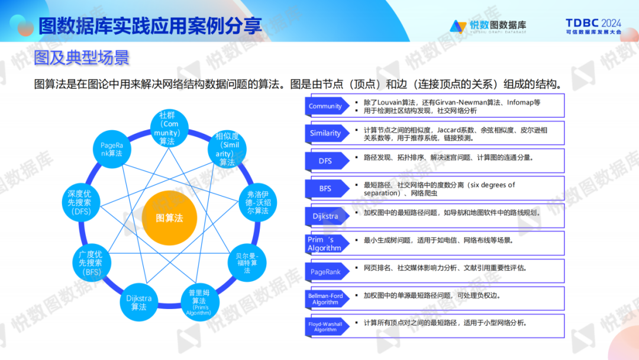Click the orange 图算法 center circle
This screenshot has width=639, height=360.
click(x=169, y=218)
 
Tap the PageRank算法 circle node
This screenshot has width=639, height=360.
click(x=111, y=149)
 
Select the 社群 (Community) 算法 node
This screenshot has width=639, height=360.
click(x=167, y=128)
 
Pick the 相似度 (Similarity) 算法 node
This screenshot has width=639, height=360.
click(x=227, y=149)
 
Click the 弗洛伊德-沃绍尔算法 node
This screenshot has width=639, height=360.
click(x=257, y=202)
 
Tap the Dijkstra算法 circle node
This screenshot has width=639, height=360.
click(x=138, y=303)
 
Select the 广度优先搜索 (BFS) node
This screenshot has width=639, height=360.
click(x=91, y=263)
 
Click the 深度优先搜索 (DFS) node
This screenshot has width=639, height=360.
click(x=80, y=202)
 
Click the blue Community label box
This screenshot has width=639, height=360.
click(x=325, y=106)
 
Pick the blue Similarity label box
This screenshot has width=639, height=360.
click(x=325, y=133)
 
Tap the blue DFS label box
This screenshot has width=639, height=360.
click(x=325, y=160)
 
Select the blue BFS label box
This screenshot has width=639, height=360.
click(x=325, y=188)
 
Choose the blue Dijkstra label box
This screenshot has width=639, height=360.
click(x=325, y=216)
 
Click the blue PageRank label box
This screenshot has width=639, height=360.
click(x=325, y=272)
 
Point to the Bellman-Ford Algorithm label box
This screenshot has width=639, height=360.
click(x=325, y=299)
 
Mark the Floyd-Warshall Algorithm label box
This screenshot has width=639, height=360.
click(x=325, y=326)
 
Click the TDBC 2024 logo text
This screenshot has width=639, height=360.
click(x=593, y=26)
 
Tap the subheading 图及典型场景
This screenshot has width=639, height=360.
click(x=81, y=57)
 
